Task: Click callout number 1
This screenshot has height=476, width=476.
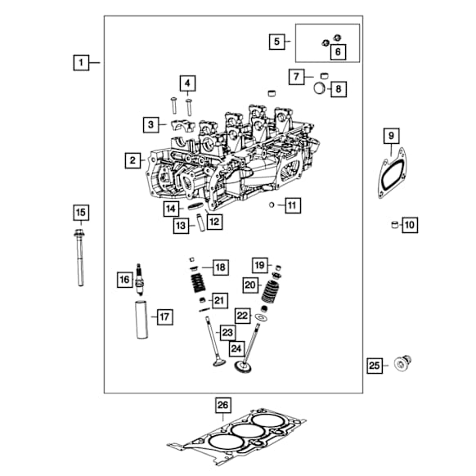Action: [x=80, y=62]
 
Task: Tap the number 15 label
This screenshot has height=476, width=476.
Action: [x=80, y=213]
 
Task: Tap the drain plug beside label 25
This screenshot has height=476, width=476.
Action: [x=402, y=364]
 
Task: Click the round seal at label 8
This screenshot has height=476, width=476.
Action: [x=318, y=88]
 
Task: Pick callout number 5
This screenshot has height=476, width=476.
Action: [x=277, y=41]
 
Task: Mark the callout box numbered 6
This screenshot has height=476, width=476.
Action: [x=337, y=52]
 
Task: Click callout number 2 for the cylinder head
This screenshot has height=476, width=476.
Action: [x=131, y=160]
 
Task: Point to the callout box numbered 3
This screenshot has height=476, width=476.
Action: [x=150, y=124]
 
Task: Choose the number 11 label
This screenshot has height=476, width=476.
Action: [x=292, y=205]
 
